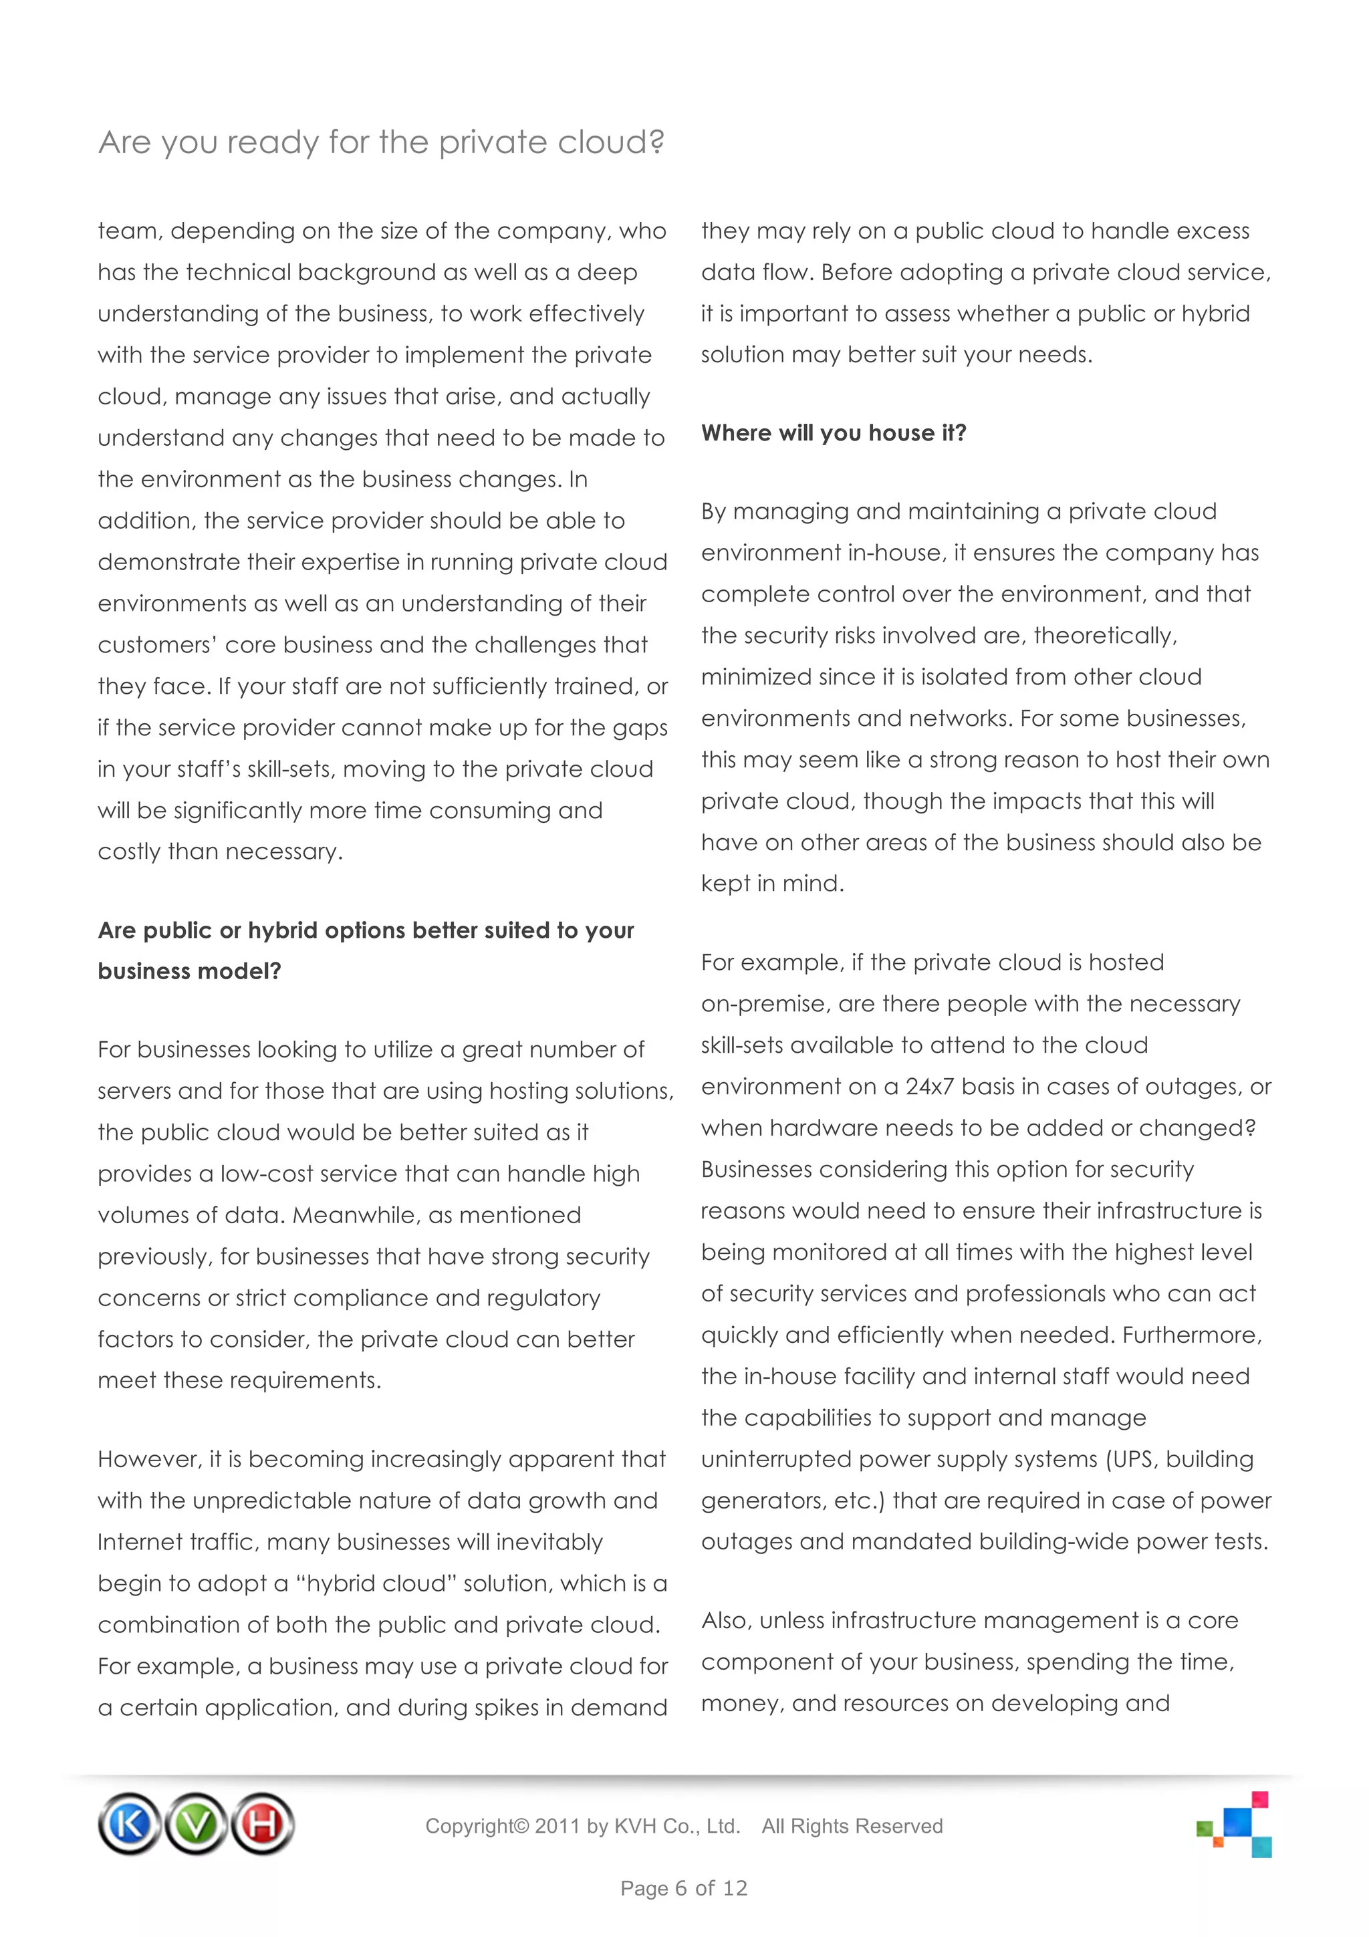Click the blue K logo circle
pyautogui.click(x=129, y=1824)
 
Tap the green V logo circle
pyautogui.click(x=196, y=1824)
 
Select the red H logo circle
pyautogui.click(x=262, y=1824)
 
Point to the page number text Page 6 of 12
pyautogui.click(x=683, y=1888)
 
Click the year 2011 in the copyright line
pyautogui.click(x=557, y=1827)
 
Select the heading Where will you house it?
pyautogui.click(x=834, y=433)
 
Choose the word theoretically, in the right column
pyautogui.click(x=1105, y=636)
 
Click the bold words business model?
pyautogui.click(x=190, y=972)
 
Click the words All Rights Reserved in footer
pyautogui.click(x=852, y=1827)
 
